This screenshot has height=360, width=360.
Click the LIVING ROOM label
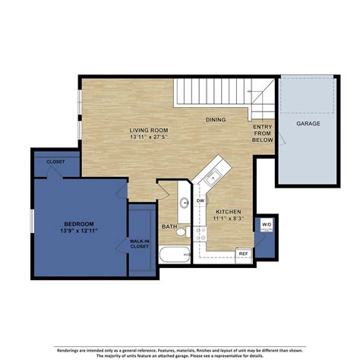tap(148, 131)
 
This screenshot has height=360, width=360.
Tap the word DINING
tap(216, 119)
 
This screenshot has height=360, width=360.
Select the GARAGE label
tap(308, 122)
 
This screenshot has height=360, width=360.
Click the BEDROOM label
tap(78, 224)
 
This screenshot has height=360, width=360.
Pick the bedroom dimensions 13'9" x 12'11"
tap(78, 232)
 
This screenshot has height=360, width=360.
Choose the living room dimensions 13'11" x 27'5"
tap(148, 138)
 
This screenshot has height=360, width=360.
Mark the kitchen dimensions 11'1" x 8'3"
tap(229, 219)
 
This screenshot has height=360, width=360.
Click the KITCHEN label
tap(229, 211)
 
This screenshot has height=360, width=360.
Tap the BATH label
tap(169, 227)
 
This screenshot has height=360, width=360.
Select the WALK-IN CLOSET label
tap(139, 243)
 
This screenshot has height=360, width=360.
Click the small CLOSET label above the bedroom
tap(55, 162)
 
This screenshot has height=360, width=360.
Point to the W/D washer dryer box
tap(267, 225)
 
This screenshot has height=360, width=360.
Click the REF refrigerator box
tap(244, 254)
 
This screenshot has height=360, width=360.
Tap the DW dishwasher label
tap(201, 200)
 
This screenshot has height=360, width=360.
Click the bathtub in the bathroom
tap(175, 254)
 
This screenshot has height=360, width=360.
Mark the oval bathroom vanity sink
tap(185, 203)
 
